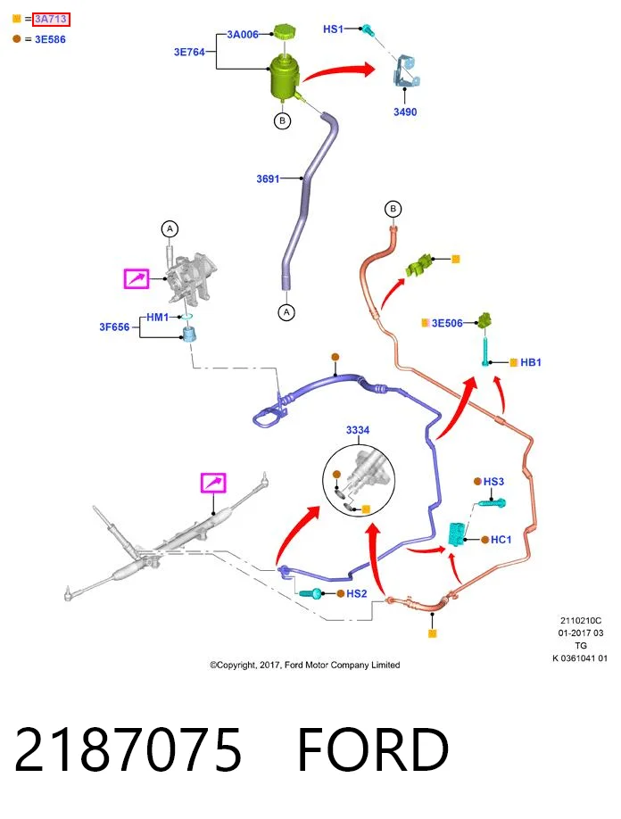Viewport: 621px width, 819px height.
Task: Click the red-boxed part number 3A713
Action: point(51,20)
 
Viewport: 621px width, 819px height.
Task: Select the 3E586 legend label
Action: point(50,39)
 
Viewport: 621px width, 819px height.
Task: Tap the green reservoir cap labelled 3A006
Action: point(285,31)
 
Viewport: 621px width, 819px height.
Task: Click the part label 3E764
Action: point(189,52)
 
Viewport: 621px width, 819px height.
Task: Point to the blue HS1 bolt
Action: point(368,29)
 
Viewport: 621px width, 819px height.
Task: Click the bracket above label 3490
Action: point(406,71)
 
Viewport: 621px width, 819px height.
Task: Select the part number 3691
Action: point(268,178)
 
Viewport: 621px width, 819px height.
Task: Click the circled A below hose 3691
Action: point(286,312)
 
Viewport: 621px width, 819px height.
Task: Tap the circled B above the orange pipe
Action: point(393,209)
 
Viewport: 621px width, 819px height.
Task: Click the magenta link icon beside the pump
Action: point(137,278)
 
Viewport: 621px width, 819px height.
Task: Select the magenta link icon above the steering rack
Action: point(213,482)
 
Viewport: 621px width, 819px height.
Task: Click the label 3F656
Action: point(114,327)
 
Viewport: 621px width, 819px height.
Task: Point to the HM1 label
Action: point(157,317)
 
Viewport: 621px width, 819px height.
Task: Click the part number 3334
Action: point(358,430)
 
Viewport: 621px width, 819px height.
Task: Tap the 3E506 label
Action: point(447,323)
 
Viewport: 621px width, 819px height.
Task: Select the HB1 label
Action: point(531,362)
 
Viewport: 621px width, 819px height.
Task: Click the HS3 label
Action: point(493,481)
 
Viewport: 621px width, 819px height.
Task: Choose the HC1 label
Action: point(501,539)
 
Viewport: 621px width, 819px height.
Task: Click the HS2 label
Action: point(357,593)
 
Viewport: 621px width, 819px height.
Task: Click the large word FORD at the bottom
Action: point(373,750)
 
